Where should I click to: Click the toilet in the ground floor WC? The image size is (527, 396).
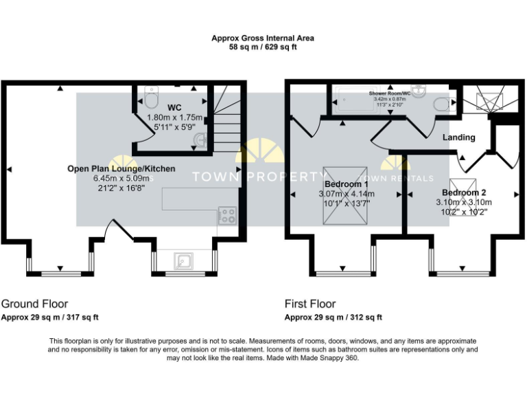click(x=152, y=99)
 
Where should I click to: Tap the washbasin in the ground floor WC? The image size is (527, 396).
click(x=200, y=140)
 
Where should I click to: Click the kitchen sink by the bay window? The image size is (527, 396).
click(x=184, y=261)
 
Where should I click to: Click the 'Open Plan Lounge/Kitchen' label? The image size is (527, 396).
click(x=121, y=168)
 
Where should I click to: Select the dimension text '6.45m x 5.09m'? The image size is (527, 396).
click(x=121, y=178)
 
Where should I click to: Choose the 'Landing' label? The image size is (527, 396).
click(x=458, y=137)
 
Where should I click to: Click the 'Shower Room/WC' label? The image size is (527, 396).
click(x=389, y=92)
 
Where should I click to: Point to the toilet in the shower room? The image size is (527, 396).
click(x=443, y=104)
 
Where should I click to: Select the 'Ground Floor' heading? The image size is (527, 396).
click(x=34, y=303)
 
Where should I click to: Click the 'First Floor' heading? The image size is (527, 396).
click(x=310, y=303)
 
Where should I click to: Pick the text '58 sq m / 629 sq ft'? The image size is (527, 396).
click(x=263, y=48)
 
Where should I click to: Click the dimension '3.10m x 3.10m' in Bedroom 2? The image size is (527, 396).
click(x=464, y=203)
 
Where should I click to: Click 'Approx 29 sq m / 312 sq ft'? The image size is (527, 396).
click(x=333, y=318)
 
